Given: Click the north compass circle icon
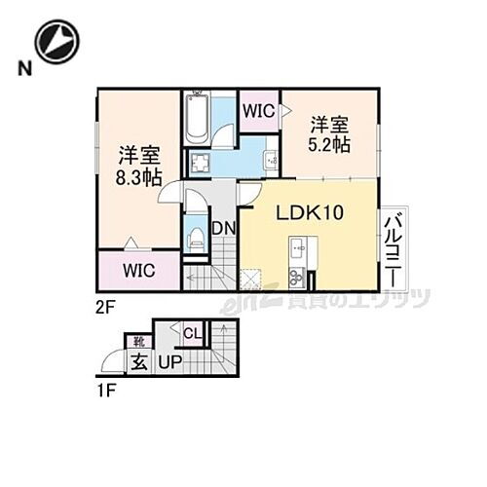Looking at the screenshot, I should (56, 40).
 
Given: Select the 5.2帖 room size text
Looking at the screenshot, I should (331, 144).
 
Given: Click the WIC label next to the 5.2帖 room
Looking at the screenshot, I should (259, 110).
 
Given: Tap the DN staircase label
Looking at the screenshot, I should (222, 230).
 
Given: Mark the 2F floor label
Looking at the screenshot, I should (106, 303).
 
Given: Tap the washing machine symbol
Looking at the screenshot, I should (201, 163).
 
